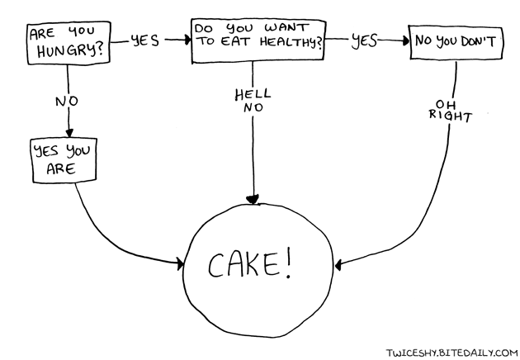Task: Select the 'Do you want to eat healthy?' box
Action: [x=258, y=41]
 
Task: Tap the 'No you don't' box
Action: [x=456, y=42]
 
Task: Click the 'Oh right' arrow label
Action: [x=449, y=111]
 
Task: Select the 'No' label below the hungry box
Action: [x=66, y=101]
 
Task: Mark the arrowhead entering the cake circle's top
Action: [x=253, y=199]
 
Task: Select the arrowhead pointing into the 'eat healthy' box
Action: [x=184, y=39]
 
